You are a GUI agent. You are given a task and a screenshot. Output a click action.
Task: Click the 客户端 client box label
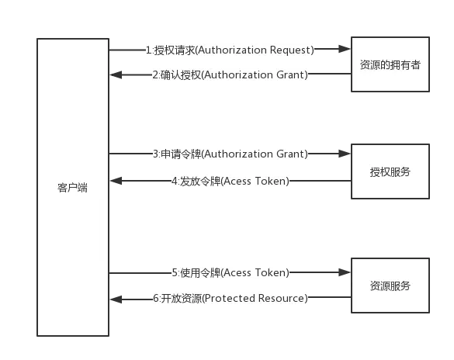71,187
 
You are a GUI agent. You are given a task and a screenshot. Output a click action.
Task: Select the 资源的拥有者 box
390,65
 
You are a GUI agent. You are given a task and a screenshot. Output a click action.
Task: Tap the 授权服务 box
390,171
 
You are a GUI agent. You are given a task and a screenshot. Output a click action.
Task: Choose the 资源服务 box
390,286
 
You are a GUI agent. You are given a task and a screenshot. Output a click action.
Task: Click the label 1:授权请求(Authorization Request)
230,50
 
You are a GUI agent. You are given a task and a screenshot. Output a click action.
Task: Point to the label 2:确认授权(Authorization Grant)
230,74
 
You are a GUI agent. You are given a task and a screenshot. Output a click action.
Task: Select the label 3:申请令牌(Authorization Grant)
230,154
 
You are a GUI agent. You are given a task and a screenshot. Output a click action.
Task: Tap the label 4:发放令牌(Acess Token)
230,182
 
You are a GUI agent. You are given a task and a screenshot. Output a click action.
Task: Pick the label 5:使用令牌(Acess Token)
230,272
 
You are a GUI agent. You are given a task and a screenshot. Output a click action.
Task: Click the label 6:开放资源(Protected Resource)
230,298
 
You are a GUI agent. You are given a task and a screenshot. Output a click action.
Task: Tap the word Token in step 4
271,182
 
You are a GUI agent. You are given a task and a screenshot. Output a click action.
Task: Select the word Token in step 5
271,272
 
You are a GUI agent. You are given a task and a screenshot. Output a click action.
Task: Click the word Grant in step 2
291,74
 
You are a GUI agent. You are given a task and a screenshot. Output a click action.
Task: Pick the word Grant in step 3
291,154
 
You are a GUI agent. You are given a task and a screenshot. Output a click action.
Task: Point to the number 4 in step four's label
173,182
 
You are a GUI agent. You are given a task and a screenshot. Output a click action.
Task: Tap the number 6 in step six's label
155,298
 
